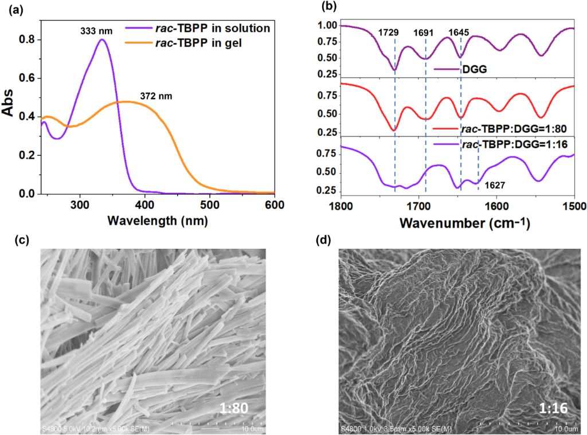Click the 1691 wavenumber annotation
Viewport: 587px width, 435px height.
(425, 33)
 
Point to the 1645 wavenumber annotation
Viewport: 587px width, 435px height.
(459, 33)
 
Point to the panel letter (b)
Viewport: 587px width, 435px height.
(330, 8)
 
